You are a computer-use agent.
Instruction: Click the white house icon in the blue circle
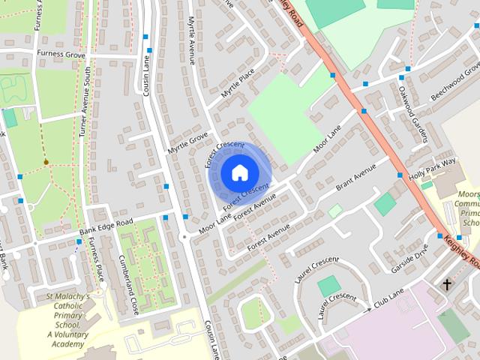pyautogui.click(x=238, y=173)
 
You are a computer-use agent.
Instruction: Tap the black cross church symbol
pyautogui.click(x=447, y=285)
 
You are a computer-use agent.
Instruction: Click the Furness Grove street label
pyautogui.click(x=67, y=54)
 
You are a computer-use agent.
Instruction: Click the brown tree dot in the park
pyautogui.click(x=46, y=161)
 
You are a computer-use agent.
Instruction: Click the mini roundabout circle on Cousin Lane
pyautogui.click(x=184, y=237)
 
